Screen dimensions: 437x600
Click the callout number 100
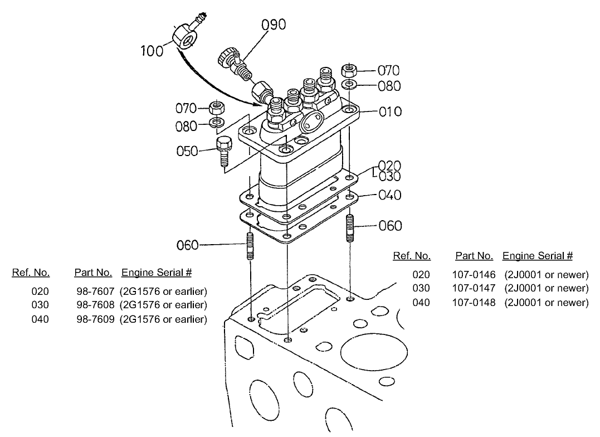pos(152,51)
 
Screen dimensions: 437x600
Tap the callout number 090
pos(274,25)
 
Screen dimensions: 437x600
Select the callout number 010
pos(390,111)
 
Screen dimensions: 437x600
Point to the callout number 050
pos(187,151)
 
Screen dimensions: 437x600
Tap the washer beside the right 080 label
pos(350,85)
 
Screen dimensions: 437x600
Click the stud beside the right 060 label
pos(350,227)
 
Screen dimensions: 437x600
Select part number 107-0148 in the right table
pos(475,302)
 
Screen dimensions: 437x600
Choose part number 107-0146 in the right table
pos(475,274)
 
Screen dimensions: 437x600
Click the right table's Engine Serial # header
pos(537,256)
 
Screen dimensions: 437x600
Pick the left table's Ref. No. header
pos(31,273)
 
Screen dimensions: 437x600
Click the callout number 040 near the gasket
pos(390,195)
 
